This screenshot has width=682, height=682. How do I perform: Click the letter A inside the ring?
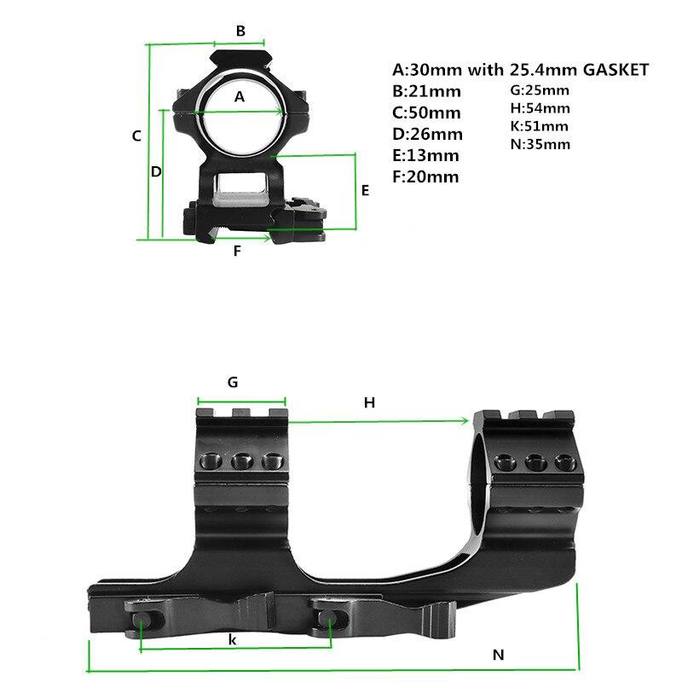[240, 97]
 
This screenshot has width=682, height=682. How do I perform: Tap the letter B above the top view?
[240, 32]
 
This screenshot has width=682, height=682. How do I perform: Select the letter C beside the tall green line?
[136, 136]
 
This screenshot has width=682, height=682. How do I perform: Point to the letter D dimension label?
[156, 171]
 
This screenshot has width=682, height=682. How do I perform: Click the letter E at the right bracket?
[365, 190]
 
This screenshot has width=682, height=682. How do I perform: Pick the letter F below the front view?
[238, 251]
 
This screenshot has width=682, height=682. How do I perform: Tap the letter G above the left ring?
[233, 382]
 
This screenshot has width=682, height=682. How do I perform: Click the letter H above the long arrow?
[369, 402]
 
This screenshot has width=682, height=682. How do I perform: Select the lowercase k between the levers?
[233, 639]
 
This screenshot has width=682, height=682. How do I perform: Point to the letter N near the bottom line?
[499, 655]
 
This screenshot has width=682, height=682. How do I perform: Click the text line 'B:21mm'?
[426, 91]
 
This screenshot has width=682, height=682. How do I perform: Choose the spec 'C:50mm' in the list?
[426, 113]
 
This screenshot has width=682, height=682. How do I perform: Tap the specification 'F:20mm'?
[425, 176]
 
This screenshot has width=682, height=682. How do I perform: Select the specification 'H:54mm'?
[540, 107]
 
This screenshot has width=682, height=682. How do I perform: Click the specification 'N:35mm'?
[540, 144]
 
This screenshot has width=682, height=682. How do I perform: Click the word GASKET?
[616, 69]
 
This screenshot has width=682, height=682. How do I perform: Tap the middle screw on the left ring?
[240, 462]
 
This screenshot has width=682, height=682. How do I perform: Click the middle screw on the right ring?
[536, 462]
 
